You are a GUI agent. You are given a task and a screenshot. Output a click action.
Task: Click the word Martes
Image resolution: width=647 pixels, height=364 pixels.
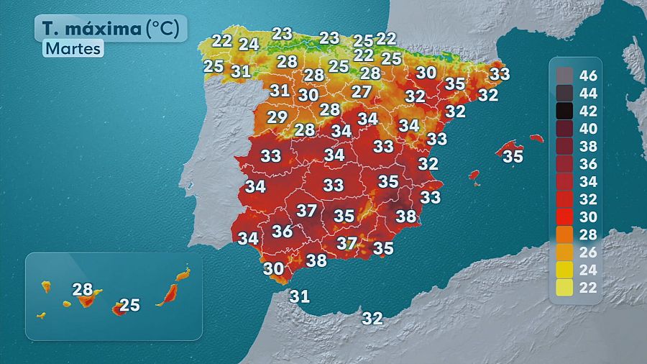[73, 48]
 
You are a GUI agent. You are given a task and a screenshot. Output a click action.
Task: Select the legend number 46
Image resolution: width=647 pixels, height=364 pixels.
[589, 76]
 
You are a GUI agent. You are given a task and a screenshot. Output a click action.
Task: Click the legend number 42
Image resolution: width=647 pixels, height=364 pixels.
[589, 111]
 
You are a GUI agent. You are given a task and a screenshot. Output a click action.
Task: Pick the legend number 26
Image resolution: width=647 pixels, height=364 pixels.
[589, 252]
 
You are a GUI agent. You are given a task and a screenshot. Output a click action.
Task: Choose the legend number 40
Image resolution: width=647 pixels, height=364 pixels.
[589, 128]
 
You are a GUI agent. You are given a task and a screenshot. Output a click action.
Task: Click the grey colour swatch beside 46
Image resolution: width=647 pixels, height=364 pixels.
[564, 76]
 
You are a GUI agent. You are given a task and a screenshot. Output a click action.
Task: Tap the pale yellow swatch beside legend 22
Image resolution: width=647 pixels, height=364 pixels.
[564, 287]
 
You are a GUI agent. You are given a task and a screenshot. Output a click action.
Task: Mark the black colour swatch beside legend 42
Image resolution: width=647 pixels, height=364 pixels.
[564, 111]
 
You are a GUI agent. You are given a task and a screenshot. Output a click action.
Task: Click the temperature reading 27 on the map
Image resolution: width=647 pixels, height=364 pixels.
[362, 92]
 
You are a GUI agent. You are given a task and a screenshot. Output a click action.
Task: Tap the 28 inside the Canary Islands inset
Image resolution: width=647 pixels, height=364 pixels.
[83, 290]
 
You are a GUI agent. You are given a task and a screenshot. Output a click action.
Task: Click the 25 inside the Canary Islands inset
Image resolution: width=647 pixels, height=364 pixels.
[129, 305]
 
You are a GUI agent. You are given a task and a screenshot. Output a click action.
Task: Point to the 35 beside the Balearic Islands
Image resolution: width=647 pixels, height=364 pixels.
[513, 156]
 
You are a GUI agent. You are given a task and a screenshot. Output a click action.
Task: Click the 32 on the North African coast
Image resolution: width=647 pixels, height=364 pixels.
[372, 317]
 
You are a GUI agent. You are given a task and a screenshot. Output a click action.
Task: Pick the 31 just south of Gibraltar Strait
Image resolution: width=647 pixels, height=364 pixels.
[299, 296]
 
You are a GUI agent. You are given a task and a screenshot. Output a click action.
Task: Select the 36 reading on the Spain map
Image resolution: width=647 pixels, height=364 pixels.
[282, 231]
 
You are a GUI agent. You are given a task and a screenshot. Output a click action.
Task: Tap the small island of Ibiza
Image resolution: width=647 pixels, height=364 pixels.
[474, 175]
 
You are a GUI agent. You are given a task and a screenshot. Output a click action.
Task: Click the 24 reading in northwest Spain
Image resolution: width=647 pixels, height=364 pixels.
[249, 44]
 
